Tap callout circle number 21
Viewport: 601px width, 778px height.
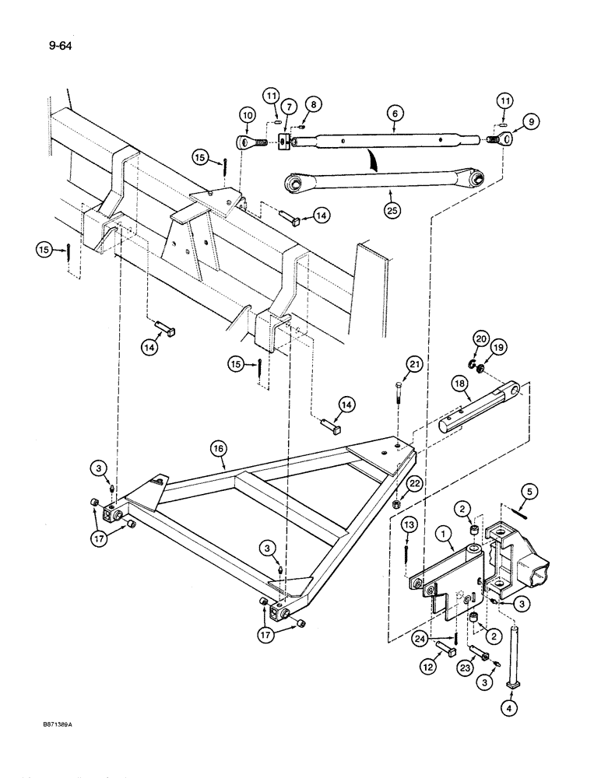(x=413, y=365)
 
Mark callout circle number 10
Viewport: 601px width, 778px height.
(x=248, y=115)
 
